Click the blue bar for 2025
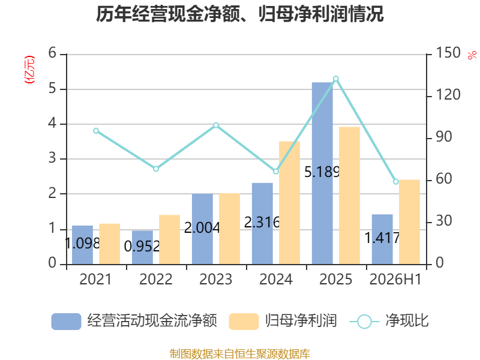tap(322, 173)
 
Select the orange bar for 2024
tap(289, 203)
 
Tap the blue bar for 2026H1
tap(382, 239)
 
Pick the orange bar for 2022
tap(170, 239)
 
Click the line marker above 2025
tap(336, 79)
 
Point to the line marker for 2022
tap(156, 169)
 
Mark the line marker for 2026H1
tap(396, 182)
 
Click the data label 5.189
tap(322, 172)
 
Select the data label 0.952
tap(142, 247)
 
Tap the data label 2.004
tap(202, 228)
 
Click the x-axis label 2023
tap(216, 279)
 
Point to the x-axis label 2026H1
tap(395, 279)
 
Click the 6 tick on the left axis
tap(52, 53)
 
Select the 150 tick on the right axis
tap(448, 53)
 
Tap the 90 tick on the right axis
tap(444, 137)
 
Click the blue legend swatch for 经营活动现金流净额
tap(66, 322)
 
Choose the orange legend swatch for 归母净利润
tap(244, 322)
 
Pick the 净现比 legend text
tap(407, 321)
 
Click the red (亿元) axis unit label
tap(29, 70)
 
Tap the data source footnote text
tap(240, 354)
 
